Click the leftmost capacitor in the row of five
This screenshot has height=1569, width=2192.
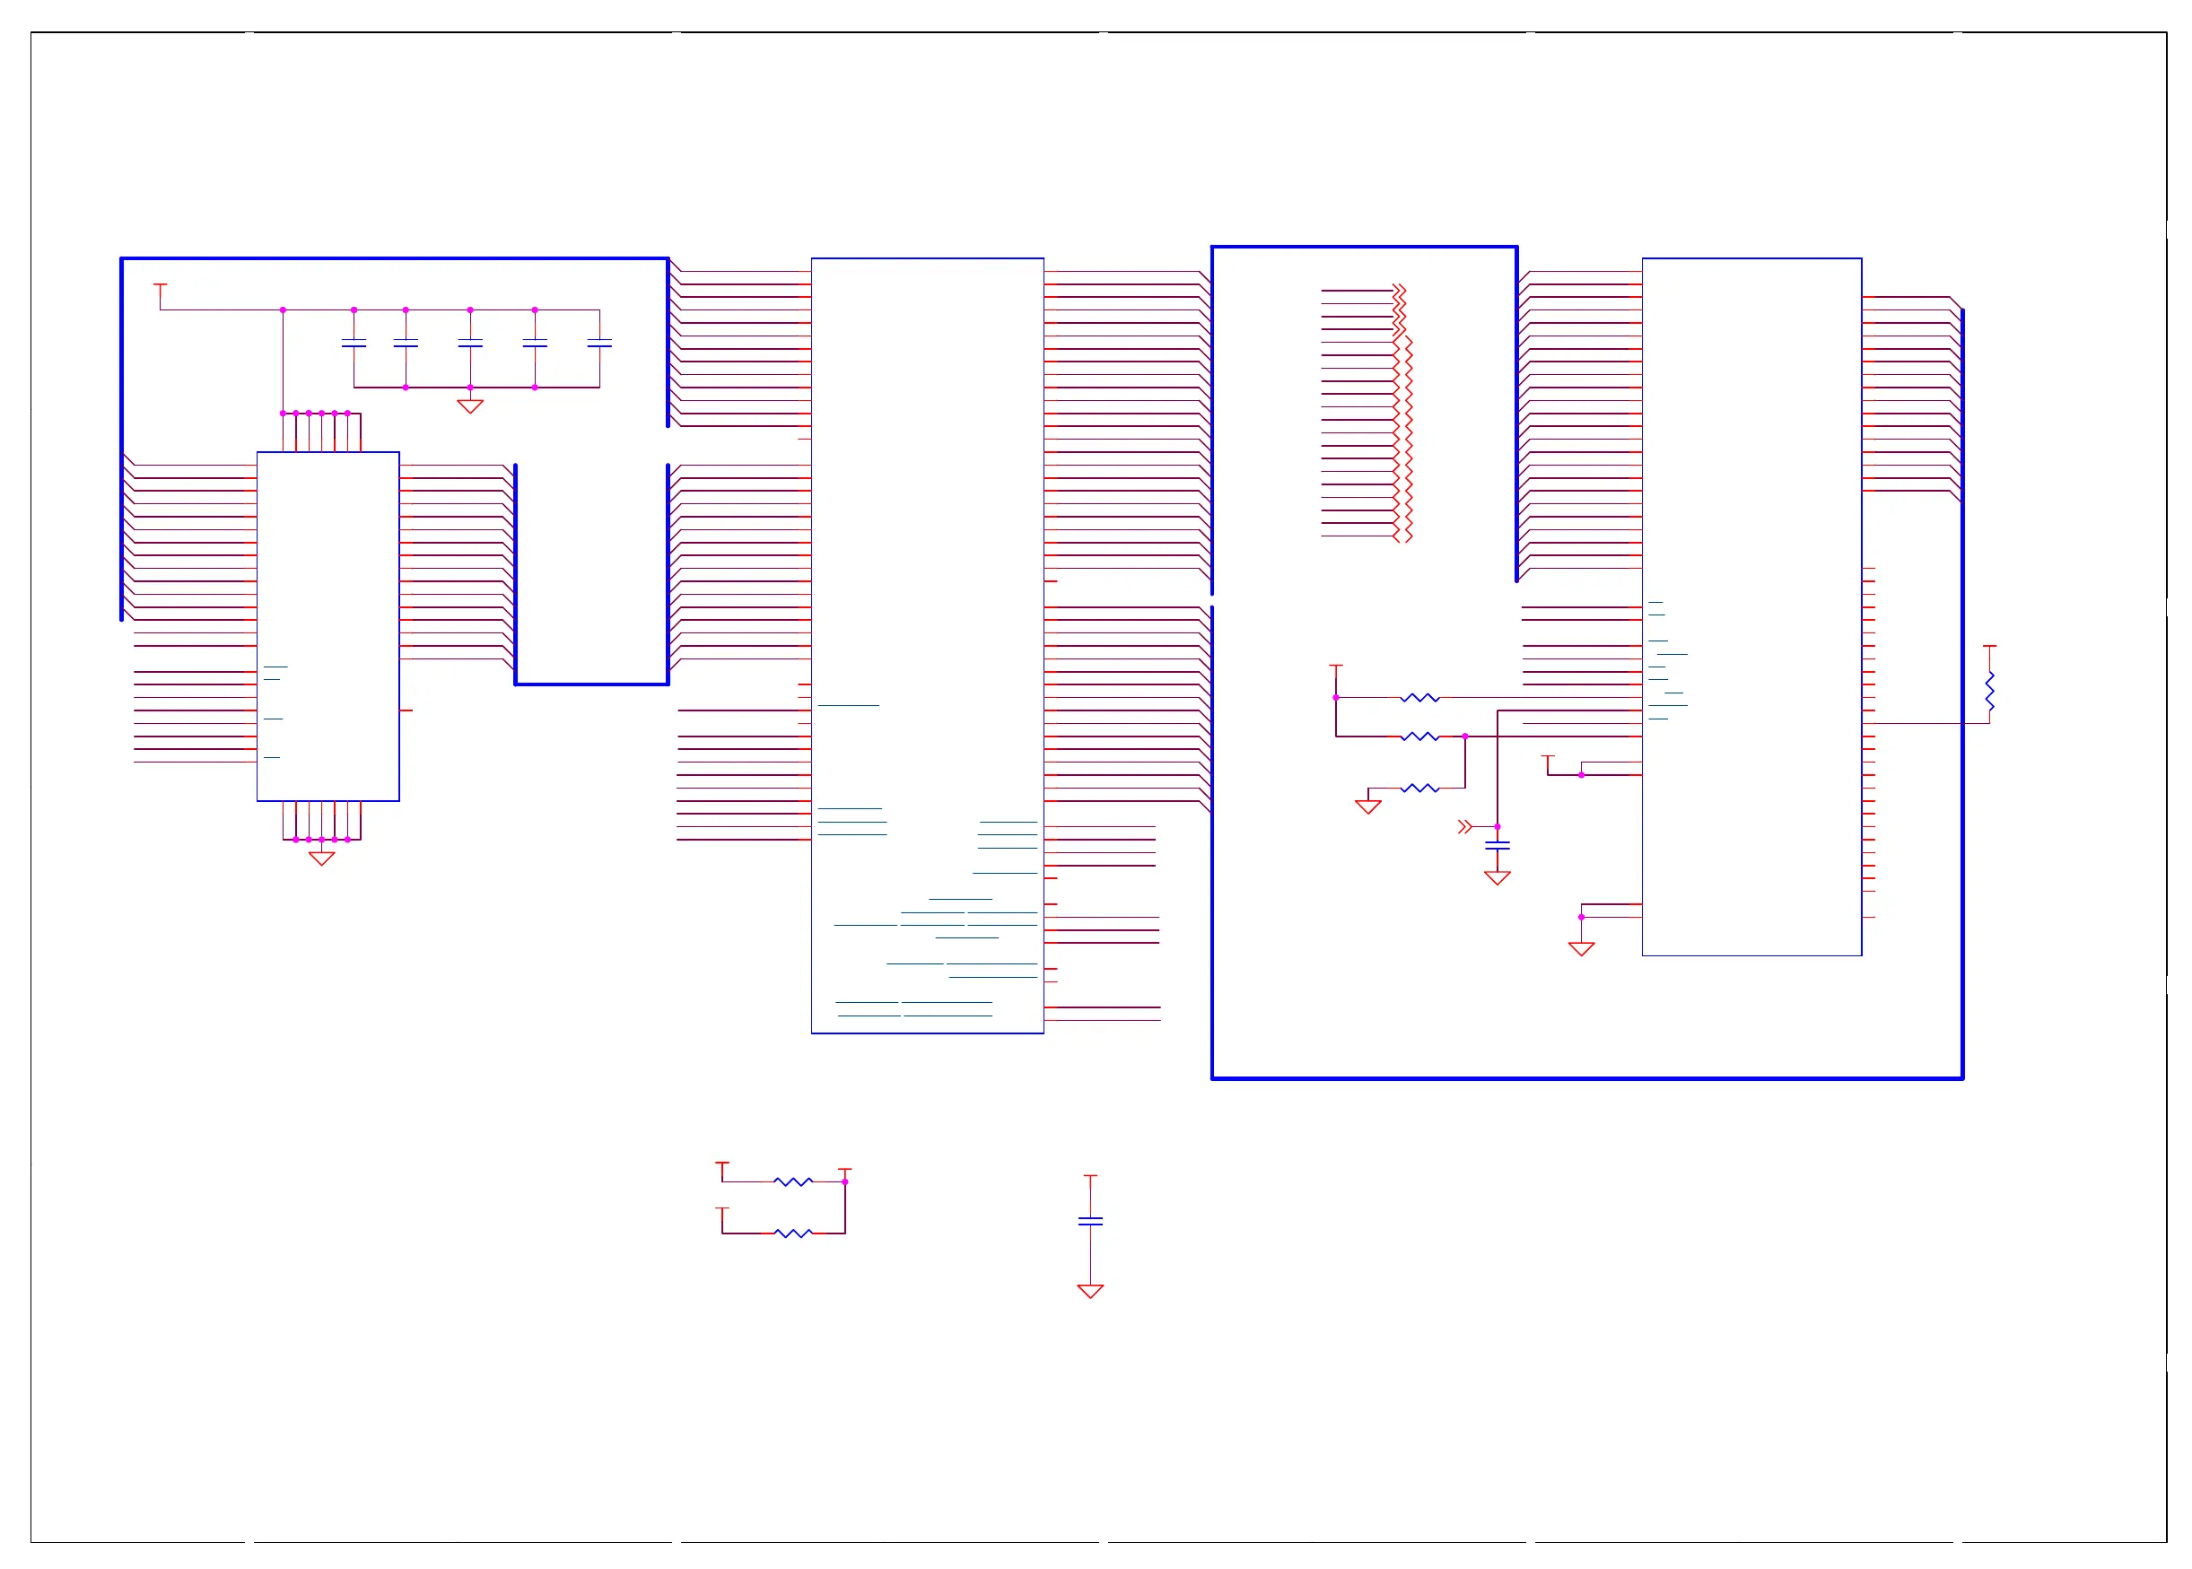(354, 343)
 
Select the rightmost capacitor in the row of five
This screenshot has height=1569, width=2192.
(599, 343)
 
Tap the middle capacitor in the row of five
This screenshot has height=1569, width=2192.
(469, 343)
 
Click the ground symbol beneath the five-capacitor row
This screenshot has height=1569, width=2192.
(469, 405)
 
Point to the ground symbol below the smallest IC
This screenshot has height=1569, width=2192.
(322, 858)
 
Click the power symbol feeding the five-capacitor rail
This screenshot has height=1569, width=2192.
(161, 286)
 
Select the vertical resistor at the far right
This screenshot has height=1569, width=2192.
(1989, 691)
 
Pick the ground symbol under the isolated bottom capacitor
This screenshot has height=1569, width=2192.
(1090, 1291)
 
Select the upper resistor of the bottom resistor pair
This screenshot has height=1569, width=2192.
(792, 1181)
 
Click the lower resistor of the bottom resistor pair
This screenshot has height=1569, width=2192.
(792, 1233)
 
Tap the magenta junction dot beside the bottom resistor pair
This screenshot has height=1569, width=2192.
(844, 1181)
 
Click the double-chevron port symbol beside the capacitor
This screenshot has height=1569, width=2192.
(1464, 827)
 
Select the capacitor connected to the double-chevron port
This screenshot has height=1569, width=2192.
(1497, 846)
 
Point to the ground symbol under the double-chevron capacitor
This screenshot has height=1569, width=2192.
(1497, 877)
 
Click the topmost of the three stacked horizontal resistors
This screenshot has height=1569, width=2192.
(1419, 698)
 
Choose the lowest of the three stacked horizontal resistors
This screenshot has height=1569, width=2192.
(1419, 789)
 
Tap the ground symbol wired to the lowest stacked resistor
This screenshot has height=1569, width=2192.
(1368, 806)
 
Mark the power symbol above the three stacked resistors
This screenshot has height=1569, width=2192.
(1336, 667)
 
